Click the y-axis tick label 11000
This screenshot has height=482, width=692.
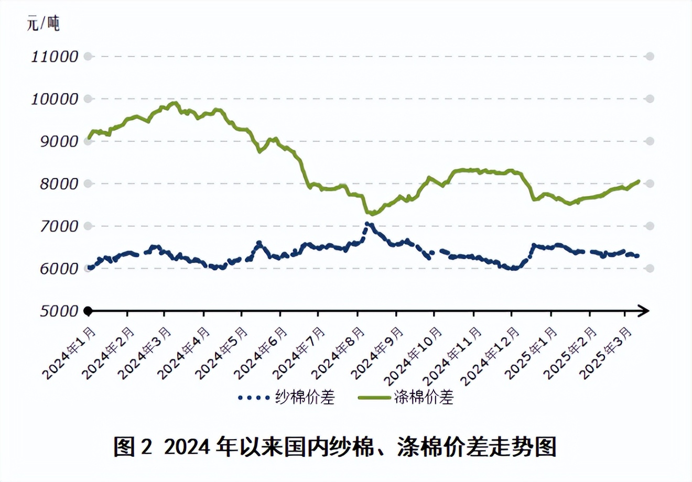point(55,57)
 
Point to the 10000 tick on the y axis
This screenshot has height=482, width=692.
point(55,99)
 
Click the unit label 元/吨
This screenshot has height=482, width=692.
point(43,23)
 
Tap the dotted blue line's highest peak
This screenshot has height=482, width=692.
point(367,224)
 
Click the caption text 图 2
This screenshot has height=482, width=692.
point(133,447)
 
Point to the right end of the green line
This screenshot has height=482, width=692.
point(639,181)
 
